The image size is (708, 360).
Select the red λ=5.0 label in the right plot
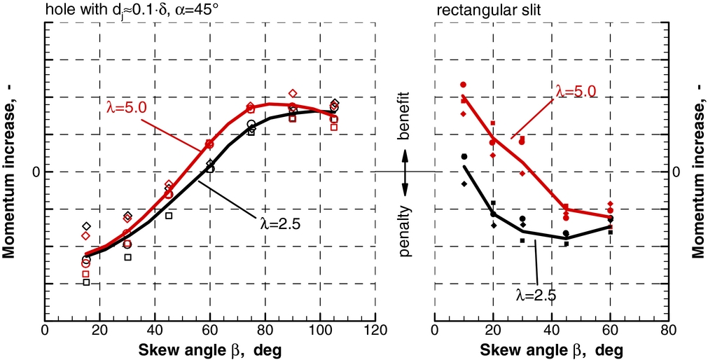(x=575, y=91)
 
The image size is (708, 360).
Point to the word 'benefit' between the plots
(x=405, y=125)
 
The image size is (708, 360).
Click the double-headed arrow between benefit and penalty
(x=405, y=172)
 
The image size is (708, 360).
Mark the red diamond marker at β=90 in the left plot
(x=293, y=93)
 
